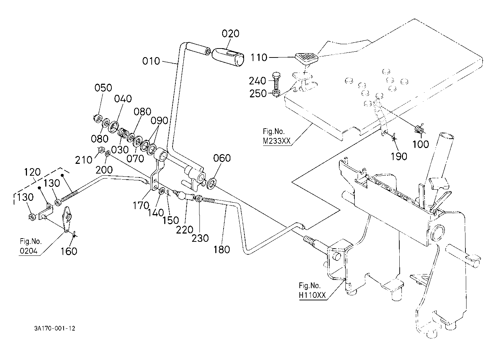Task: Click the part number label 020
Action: tap(230, 34)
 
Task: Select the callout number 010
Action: tap(151, 61)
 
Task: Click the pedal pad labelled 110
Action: tap(307, 57)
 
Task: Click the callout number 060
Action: tap(222, 158)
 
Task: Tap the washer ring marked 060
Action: tap(212, 183)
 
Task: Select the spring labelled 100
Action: tap(419, 129)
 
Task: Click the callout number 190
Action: tap(399, 156)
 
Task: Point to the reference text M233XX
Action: tap(276, 141)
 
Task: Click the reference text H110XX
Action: tap(312, 295)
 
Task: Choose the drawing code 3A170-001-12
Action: tap(55, 328)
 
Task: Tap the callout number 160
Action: tap(69, 251)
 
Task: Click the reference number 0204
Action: tap(28, 251)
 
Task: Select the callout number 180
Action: tap(222, 249)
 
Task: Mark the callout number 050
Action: tap(103, 88)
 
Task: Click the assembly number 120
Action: tap(32, 172)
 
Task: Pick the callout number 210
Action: tap(83, 160)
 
